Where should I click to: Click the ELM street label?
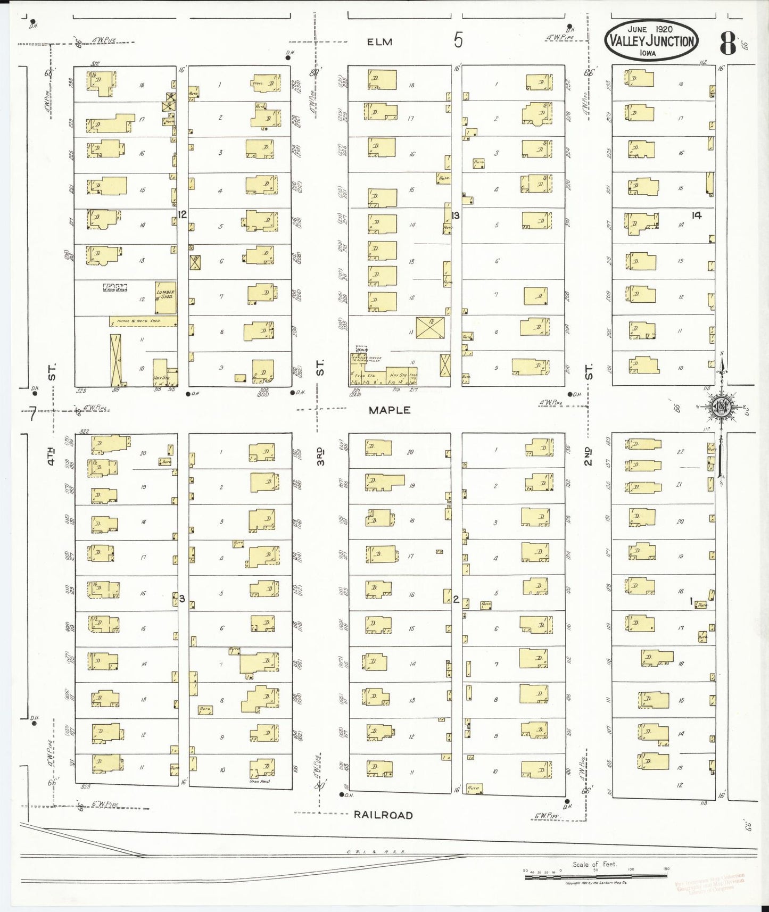click(379, 42)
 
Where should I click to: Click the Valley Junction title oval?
click(651, 41)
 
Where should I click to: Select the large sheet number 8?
click(727, 44)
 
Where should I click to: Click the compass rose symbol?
click(721, 407)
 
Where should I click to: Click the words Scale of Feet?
click(594, 864)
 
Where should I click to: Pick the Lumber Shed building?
click(166, 296)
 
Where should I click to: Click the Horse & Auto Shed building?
click(143, 321)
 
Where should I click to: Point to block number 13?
click(456, 215)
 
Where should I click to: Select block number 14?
click(697, 215)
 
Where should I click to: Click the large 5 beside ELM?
click(458, 40)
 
